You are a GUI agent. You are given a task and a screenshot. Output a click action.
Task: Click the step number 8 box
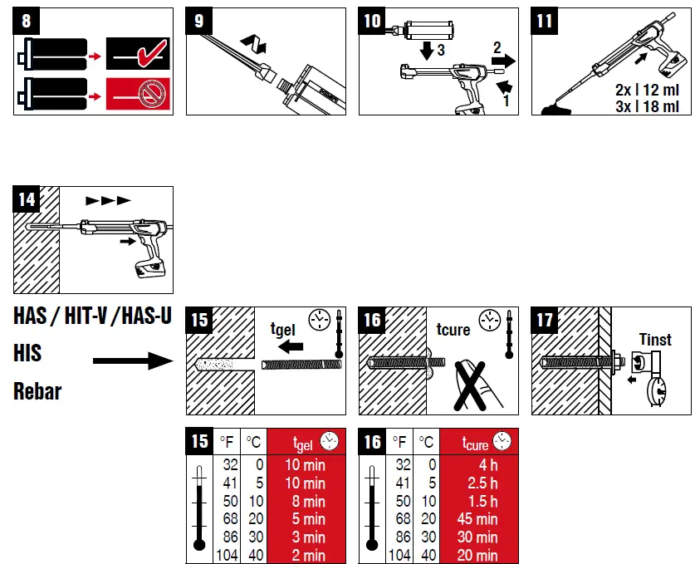[x=27, y=21]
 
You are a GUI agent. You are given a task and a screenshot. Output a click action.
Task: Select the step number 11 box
[x=544, y=21]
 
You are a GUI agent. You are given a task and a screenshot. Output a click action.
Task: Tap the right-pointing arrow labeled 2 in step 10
[x=502, y=60]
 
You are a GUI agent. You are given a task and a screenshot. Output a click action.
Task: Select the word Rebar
[x=37, y=390]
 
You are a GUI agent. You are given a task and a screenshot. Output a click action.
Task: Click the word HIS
[x=28, y=354]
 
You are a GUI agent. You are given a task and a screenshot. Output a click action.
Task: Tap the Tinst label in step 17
[x=655, y=339]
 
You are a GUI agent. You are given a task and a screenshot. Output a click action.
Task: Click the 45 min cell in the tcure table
[x=476, y=519]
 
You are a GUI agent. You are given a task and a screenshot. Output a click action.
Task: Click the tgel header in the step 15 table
[x=303, y=442]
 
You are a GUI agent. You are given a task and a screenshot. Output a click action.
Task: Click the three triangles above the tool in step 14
[x=108, y=200]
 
